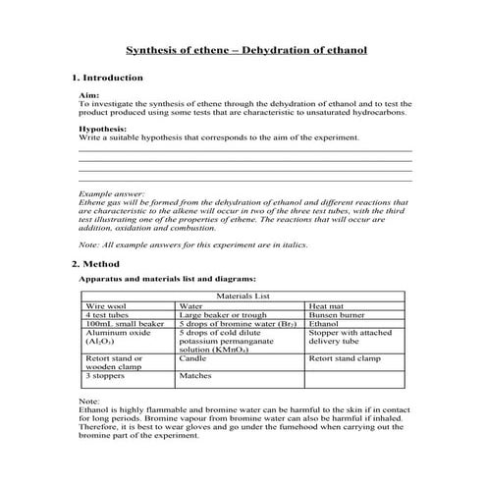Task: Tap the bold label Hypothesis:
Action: (x=102, y=129)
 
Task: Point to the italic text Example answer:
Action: (x=111, y=194)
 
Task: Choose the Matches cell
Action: (x=195, y=375)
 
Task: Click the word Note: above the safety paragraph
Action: (x=87, y=403)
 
